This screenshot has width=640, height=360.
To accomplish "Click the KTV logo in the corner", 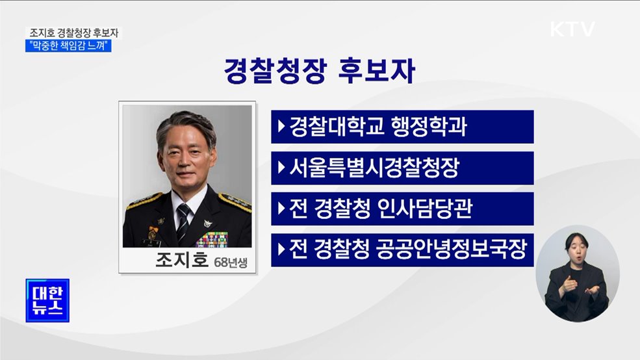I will click(572, 29).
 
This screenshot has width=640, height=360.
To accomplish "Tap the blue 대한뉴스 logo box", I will click(47, 300).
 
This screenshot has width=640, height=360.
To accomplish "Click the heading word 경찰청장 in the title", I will click(274, 71).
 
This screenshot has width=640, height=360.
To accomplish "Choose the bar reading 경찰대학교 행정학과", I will click(402, 127).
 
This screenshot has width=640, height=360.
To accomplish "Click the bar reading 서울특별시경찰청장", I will click(402, 168).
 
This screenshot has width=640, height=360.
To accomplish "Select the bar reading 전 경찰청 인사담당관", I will click(402, 209).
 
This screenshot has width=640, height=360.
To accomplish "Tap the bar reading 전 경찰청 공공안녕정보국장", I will click(402, 250).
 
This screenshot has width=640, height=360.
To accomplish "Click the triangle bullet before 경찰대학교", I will click(281, 126).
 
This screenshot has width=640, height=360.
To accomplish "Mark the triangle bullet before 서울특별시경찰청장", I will click(281, 168).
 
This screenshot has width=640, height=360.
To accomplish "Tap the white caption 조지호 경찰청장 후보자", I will click(74, 32).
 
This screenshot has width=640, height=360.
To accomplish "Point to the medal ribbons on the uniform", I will click(212, 238).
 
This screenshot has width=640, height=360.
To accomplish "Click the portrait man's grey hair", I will click(186, 122).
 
